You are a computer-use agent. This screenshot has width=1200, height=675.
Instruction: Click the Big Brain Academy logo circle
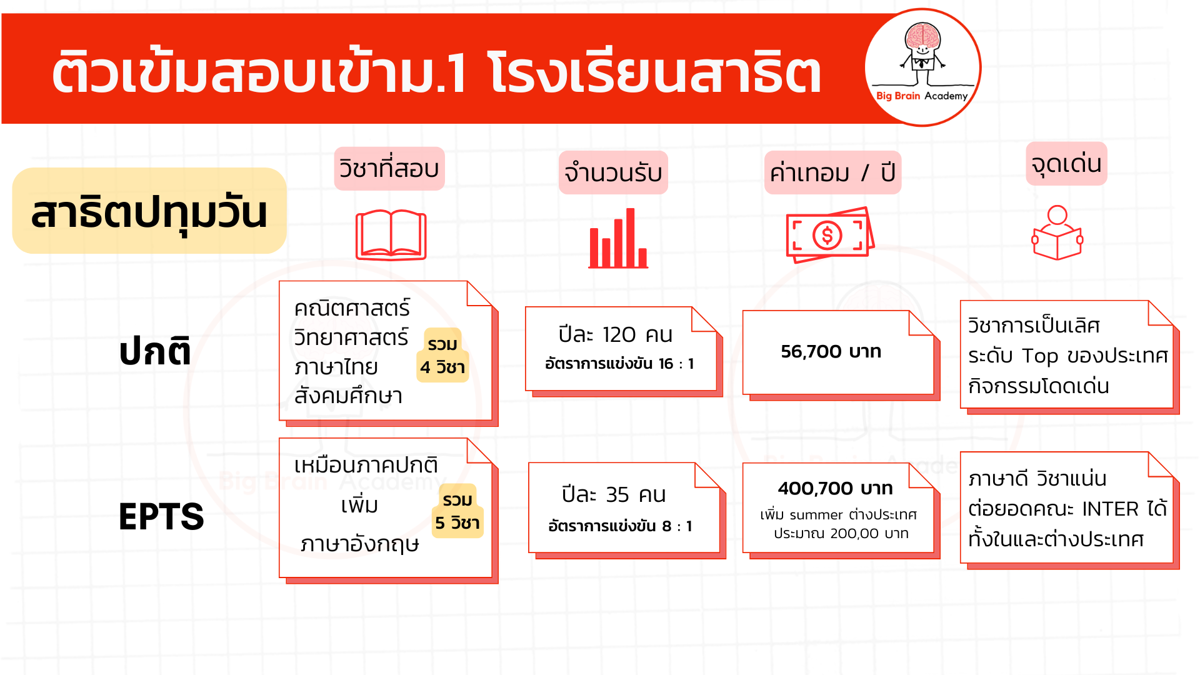coord(922,67)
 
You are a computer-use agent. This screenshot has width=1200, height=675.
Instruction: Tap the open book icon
coord(391,235)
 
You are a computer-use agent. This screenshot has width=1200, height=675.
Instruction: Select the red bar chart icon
coord(618,238)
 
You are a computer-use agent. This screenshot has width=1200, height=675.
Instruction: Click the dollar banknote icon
coord(830,235)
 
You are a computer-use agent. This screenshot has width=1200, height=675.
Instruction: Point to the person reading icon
coord(1057,232)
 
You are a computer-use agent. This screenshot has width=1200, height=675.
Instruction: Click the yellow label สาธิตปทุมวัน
coord(149,211)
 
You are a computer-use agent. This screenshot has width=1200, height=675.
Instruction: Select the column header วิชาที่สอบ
coord(389,169)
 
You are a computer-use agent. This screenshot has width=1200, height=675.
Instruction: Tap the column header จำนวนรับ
coord(613,172)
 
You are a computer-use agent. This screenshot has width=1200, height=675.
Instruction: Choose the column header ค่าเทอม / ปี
coord(832,172)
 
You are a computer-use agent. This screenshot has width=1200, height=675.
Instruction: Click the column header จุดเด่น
coord(1066,164)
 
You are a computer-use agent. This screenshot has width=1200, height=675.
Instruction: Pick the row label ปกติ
coord(155,351)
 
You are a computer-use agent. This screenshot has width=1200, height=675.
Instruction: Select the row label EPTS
coord(161,517)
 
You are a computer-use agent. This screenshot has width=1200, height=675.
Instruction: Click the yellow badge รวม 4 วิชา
coord(442,355)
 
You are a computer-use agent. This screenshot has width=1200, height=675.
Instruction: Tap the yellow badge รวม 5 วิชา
coord(457,511)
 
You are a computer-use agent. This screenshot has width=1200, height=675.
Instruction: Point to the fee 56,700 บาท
coord(831,351)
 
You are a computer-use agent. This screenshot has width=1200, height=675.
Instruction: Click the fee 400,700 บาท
coord(836,488)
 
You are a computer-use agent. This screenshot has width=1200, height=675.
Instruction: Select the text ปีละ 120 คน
coord(616,334)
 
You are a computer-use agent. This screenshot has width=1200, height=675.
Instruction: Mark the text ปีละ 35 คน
coord(614,494)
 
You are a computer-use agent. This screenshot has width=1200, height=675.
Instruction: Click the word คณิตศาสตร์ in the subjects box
coord(352,307)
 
